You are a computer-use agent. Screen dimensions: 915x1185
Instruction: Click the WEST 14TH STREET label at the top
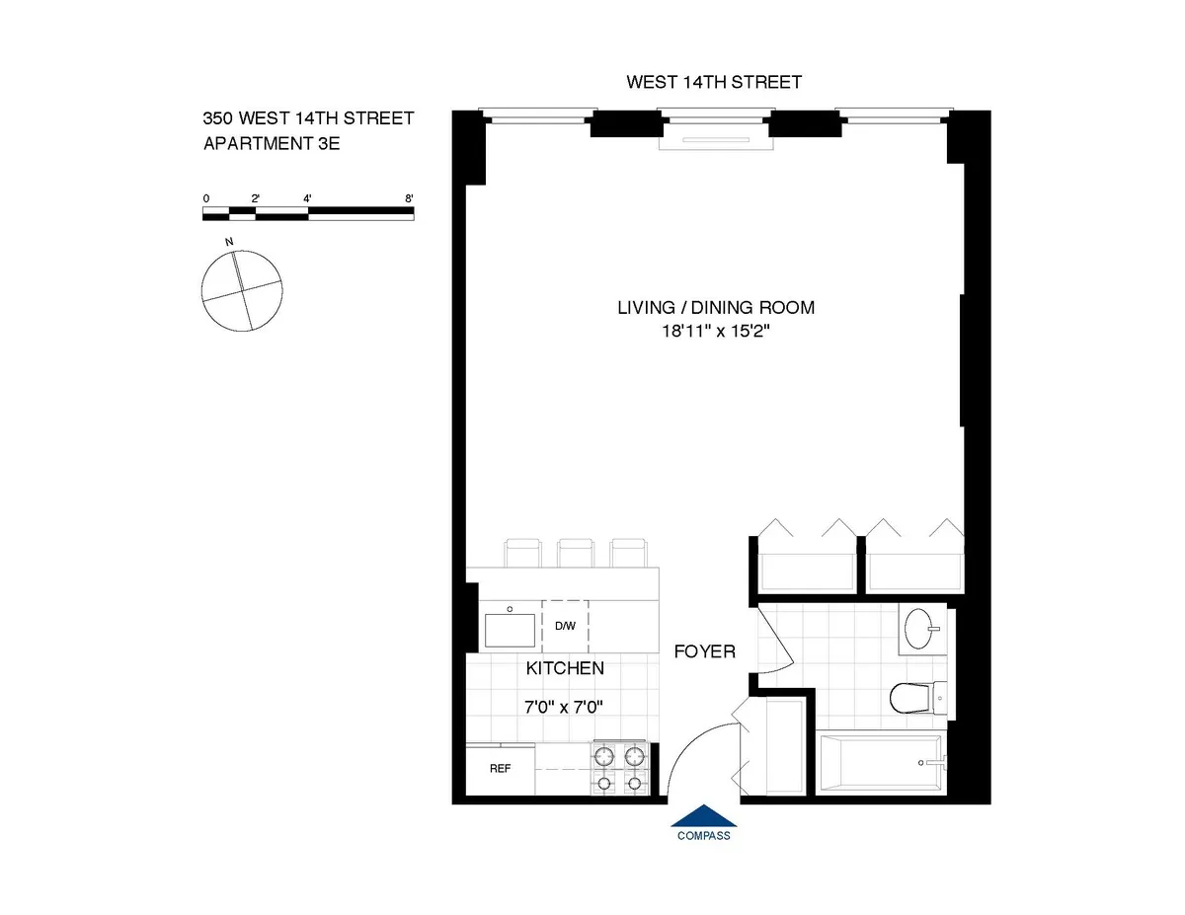(x=713, y=82)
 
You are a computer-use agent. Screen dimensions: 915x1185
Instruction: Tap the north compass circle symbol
(x=241, y=289)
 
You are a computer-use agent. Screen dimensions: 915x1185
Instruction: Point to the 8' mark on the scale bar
(x=409, y=198)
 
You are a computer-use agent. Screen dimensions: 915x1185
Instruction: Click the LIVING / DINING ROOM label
(x=716, y=307)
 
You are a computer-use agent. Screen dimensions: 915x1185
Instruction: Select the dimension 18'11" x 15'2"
(x=716, y=333)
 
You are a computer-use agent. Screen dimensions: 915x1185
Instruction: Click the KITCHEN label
(x=564, y=668)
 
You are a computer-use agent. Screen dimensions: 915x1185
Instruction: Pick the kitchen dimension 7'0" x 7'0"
(x=564, y=707)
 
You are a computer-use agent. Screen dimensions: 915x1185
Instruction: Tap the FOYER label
(x=704, y=651)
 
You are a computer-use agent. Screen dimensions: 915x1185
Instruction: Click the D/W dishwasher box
(x=565, y=626)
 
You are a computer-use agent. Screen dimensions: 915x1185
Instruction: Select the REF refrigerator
(x=501, y=769)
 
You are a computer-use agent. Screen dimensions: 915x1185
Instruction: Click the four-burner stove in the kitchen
(x=619, y=770)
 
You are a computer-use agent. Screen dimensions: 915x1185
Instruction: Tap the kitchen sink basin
(x=510, y=629)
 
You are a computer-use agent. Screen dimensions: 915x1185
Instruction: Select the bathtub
(x=881, y=763)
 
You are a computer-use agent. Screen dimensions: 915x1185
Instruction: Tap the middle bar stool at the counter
(x=574, y=554)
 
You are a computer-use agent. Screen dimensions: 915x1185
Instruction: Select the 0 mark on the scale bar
(x=205, y=198)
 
